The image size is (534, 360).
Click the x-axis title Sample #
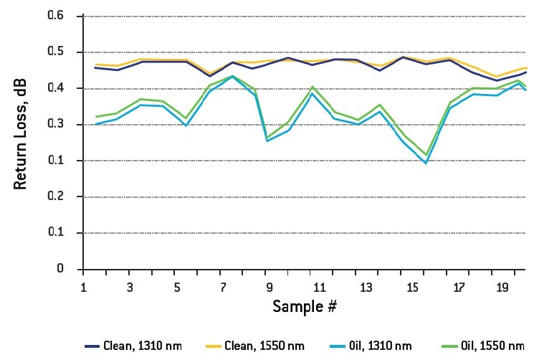[x=305, y=306]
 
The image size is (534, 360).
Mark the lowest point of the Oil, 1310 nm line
[x=426, y=163]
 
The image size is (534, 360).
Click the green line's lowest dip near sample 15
[x=426, y=155]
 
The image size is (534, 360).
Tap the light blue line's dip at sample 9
[x=267, y=141]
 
